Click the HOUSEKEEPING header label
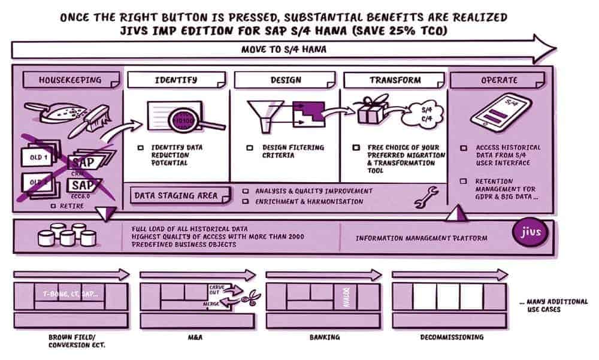pyautogui.click(x=70, y=79)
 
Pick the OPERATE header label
pyautogui.click(x=499, y=79)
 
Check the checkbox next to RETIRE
pyautogui.click(x=53, y=205)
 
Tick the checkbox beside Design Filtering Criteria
pyautogui.click(x=250, y=147)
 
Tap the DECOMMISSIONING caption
pyautogui.click(x=451, y=337)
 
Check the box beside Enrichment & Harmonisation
pyautogui.click(x=246, y=202)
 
